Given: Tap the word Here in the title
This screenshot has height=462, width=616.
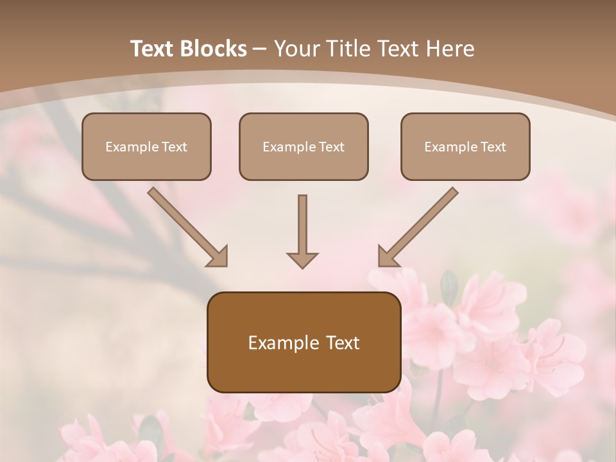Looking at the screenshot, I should pos(450,49).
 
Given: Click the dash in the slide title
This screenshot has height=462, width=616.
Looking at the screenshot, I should pos(261,49).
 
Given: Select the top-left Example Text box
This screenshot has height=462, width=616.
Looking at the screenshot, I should pos(146,146).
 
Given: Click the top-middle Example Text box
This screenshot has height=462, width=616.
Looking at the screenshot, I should pos(304,146).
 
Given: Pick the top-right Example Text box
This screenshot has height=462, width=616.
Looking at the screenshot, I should pos(465,146).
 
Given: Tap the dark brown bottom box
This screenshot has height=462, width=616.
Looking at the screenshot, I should pos(304,342).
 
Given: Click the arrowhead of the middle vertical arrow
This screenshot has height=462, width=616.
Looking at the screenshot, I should pos(302,259).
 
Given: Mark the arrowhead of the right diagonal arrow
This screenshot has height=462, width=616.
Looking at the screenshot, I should pos(387,256).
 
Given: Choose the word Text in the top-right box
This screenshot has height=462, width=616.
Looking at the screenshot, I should pos(493,147).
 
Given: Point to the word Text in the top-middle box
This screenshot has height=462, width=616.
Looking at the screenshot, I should pos(331,147).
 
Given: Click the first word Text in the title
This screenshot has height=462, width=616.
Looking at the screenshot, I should pos(153,49).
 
